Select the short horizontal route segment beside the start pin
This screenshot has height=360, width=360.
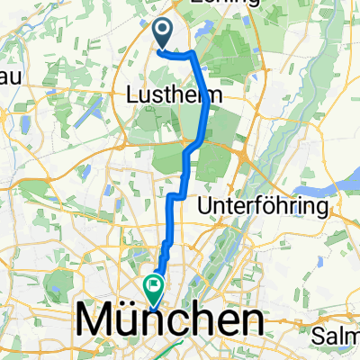pos(178,54)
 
